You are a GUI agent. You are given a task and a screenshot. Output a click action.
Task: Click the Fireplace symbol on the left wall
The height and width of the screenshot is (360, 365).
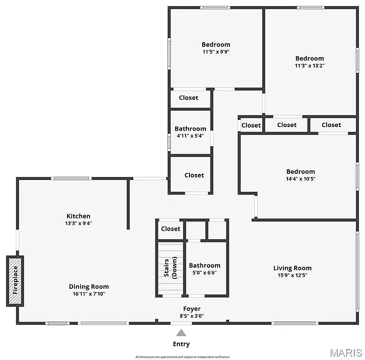pos(15,280)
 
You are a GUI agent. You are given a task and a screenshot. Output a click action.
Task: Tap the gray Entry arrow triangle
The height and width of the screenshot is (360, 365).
pos(181,333)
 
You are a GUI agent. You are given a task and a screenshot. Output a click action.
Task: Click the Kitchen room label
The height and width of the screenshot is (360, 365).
pos(78,216)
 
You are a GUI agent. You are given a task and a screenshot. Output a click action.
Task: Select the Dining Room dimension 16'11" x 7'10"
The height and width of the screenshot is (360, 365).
pos(89,294)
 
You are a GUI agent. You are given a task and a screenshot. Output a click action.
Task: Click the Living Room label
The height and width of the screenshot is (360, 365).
pos(292,268)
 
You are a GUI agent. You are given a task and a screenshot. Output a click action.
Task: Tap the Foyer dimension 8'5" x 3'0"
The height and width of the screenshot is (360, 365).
pos(192,316)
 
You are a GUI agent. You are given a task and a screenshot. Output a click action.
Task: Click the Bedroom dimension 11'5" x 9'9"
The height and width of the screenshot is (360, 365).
pos(216,52)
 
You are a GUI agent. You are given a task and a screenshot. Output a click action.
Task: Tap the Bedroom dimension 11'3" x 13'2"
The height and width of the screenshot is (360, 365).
pos(310,66)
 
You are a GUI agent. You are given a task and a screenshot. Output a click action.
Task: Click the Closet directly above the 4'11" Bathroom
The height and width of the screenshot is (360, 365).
pos(189,97)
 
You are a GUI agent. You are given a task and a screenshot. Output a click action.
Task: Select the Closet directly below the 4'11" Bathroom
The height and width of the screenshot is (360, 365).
pos(194,175)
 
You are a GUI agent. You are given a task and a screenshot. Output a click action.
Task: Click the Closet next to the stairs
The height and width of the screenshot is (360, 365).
pos(171,229)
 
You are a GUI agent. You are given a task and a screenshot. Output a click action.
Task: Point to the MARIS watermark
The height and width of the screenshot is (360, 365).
pos(345,352)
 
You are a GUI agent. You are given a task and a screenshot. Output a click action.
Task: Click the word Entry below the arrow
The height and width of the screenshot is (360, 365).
pos(181,344)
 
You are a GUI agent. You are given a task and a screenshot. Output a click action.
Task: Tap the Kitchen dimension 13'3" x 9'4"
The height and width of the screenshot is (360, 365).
pos(78,223)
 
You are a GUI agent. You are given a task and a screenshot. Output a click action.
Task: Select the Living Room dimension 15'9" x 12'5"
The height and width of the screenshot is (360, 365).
pos(292,275)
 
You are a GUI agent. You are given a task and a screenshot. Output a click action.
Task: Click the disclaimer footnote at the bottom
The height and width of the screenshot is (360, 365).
pos(182,357)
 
